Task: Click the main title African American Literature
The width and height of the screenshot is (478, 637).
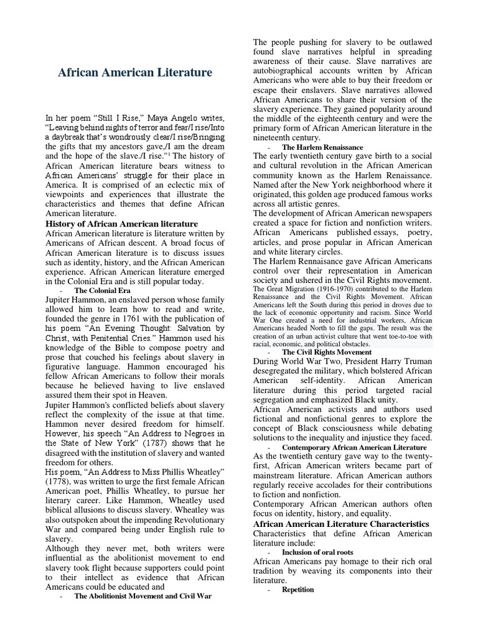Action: (134, 73)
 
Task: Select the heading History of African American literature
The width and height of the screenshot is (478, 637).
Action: (122, 223)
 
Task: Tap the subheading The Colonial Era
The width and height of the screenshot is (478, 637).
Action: (102, 291)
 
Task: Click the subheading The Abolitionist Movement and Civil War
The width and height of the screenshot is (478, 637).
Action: (143, 595)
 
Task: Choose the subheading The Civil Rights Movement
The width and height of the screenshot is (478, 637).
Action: (327, 351)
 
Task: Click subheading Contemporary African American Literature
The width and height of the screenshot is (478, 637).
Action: (354, 447)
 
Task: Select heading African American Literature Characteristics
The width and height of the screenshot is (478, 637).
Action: (341, 524)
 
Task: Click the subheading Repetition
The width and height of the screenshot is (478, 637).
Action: (298, 589)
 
